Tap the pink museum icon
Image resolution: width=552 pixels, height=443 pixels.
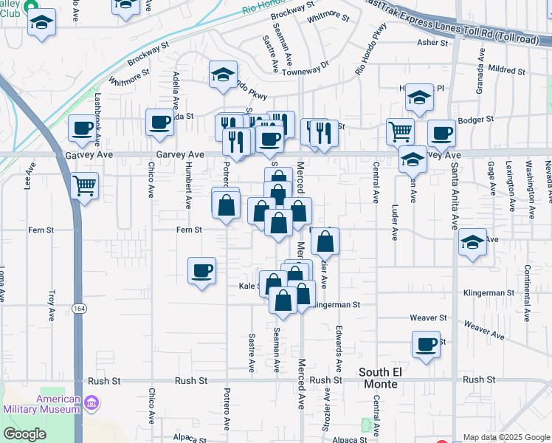click(92, 403)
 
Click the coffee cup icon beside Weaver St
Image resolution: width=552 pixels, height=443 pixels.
click(427, 343)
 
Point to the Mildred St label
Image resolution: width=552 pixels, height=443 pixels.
click(506, 72)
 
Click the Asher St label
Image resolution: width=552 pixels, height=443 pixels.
click(432, 43)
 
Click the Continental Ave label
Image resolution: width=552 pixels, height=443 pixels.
click(527, 294)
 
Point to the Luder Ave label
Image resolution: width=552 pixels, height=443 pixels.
click(395, 222)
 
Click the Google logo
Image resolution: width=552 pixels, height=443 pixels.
click(25, 434)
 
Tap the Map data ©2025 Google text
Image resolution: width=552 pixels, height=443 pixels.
click(505, 437)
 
